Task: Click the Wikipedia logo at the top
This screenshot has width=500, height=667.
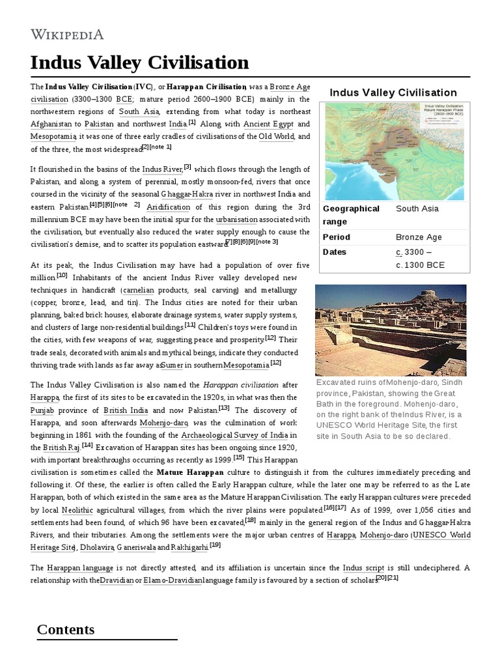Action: pyautogui.click(x=67, y=35)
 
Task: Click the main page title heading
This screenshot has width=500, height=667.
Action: pyautogui.click(x=139, y=63)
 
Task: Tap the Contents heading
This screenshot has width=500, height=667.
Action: pyautogui.click(x=66, y=629)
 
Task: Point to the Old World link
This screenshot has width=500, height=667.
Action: pyautogui.click(x=276, y=136)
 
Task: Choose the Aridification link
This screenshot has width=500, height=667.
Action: pyautogui.click(x=168, y=207)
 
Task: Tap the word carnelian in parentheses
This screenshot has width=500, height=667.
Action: pyautogui.click(x=142, y=290)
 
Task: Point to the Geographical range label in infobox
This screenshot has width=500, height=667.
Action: pyautogui.click(x=351, y=215)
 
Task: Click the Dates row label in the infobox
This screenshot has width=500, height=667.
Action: pyautogui.click(x=335, y=252)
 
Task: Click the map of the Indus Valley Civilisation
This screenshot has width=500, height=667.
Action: pyautogui.click(x=394, y=150)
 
